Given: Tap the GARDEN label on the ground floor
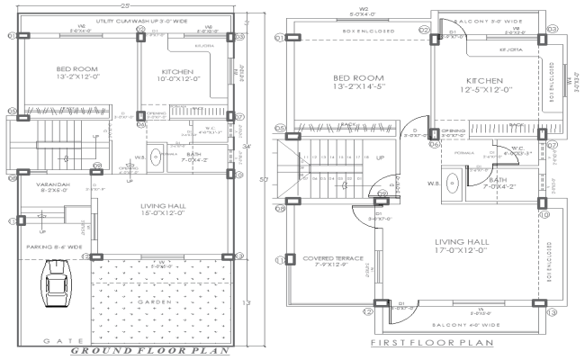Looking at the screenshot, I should tap(166, 302).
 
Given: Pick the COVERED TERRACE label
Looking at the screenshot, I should tap(332, 261).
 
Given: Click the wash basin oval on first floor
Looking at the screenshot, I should tap(454, 182).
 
